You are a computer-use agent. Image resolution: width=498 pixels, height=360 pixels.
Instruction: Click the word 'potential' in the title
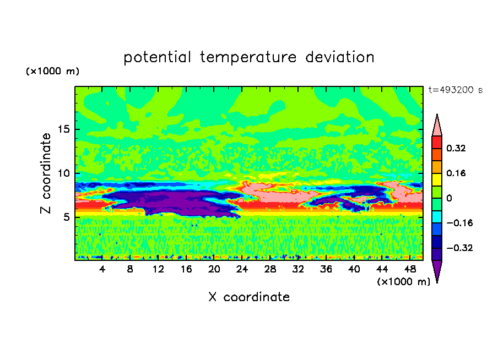(157, 58)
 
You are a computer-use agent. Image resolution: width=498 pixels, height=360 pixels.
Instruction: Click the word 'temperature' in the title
(248, 58)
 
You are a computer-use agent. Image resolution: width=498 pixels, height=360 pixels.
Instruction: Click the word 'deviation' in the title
(340, 57)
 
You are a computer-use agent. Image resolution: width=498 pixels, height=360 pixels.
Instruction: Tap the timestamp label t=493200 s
(456, 90)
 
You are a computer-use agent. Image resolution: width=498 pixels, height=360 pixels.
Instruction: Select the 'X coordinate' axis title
(249, 297)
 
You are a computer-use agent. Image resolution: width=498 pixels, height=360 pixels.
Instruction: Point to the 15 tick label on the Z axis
(64, 129)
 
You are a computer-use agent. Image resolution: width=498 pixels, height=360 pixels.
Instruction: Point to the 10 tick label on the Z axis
(64, 173)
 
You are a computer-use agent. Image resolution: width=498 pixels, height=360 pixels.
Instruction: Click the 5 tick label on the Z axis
(66, 217)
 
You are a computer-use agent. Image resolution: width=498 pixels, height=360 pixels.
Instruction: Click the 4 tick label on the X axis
(102, 269)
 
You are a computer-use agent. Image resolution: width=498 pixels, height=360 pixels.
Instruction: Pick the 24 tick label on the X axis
(242, 269)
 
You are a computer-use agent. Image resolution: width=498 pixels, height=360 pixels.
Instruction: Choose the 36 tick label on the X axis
(326, 269)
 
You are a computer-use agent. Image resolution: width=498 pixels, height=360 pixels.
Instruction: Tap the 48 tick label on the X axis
(410, 269)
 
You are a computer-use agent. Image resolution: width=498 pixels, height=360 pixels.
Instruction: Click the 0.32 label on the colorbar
(456, 148)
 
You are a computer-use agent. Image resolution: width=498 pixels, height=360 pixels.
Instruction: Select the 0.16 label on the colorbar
(456, 173)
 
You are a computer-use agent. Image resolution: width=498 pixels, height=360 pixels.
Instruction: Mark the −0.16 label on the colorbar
(459, 223)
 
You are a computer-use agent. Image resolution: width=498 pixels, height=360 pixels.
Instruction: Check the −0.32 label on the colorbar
(459, 248)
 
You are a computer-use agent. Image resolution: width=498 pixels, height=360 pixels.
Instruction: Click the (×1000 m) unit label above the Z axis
(52, 71)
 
